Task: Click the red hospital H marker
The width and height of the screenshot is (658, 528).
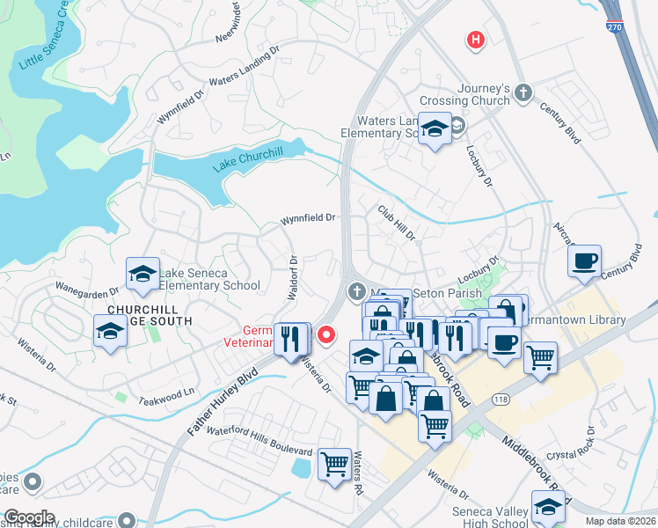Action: (x=476, y=40)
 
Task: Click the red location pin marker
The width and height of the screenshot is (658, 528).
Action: (x=326, y=334)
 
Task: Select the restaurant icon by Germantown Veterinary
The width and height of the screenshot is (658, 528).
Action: (x=292, y=338)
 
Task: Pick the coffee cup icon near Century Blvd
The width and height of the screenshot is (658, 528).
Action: (x=584, y=260)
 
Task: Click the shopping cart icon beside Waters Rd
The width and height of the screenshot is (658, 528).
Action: (x=334, y=462)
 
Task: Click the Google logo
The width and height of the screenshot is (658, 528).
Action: (x=28, y=517)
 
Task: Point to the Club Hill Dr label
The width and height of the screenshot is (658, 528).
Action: (x=396, y=223)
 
